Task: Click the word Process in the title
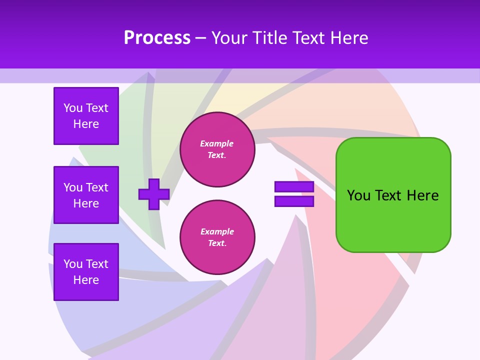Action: tap(157, 38)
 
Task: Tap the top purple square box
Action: tap(86, 116)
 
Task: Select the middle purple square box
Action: tap(86, 195)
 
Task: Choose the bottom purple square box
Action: tap(86, 272)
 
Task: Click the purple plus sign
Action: tap(154, 194)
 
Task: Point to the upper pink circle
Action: tap(217, 149)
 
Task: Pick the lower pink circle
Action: tap(217, 237)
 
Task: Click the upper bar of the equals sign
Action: tap(294, 187)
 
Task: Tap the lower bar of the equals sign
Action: tap(294, 201)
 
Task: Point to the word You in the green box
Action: tap(358, 195)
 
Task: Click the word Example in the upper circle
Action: tap(217, 143)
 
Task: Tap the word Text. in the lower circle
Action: tap(217, 243)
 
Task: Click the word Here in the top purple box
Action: tap(86, 124)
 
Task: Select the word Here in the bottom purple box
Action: tap(86, 280)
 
